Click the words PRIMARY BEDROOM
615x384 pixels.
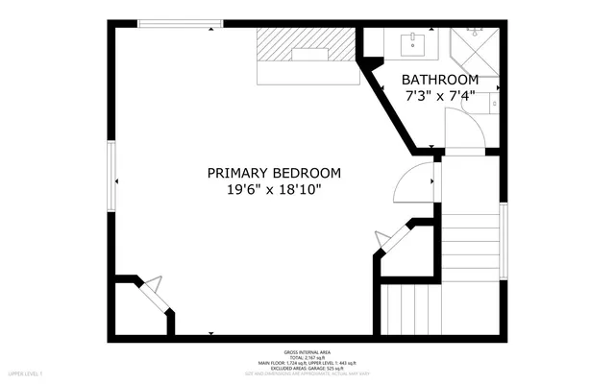point(274,173)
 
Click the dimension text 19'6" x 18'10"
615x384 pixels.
point(274,190)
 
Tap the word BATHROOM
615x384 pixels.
point(439,79)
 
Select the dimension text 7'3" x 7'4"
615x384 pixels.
point(439,96)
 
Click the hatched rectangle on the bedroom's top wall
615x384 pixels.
point(306,43)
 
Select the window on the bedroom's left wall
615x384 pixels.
point(111,178)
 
